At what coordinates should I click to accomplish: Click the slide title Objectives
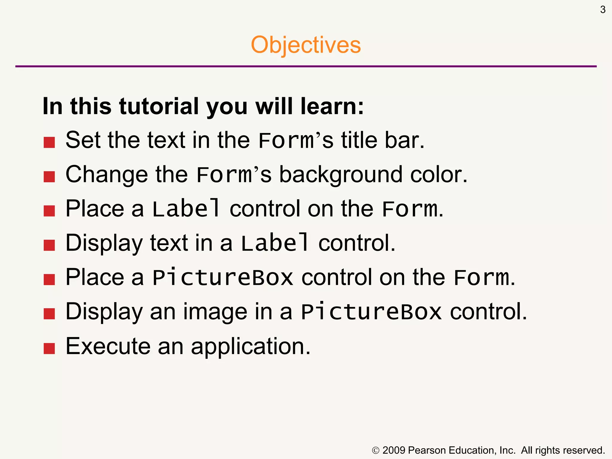(306, 45)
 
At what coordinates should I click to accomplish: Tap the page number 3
(603, 10)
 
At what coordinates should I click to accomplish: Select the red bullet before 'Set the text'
(49, 143)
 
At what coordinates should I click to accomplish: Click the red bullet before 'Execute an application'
(49, 348)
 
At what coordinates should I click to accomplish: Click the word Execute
(108, 346)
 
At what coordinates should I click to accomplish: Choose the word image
(215, 312)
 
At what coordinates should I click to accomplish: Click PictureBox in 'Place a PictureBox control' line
(223, 278)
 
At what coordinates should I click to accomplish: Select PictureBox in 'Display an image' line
(371, 312)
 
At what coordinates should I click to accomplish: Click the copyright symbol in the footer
(376, 451)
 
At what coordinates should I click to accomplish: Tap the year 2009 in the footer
(394, 450)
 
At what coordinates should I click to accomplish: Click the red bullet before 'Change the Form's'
(49, 177)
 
